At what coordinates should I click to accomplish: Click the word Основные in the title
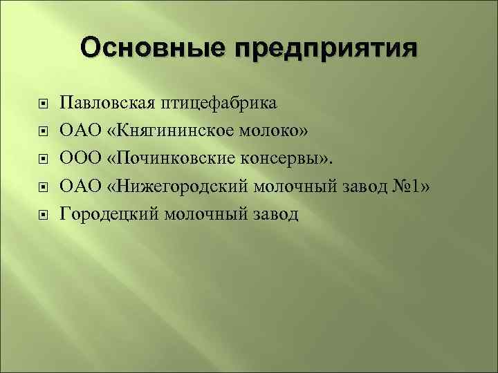click(151, 49)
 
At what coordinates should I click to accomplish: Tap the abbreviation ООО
click(80, 159)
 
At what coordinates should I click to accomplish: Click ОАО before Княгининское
click(80, 131)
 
